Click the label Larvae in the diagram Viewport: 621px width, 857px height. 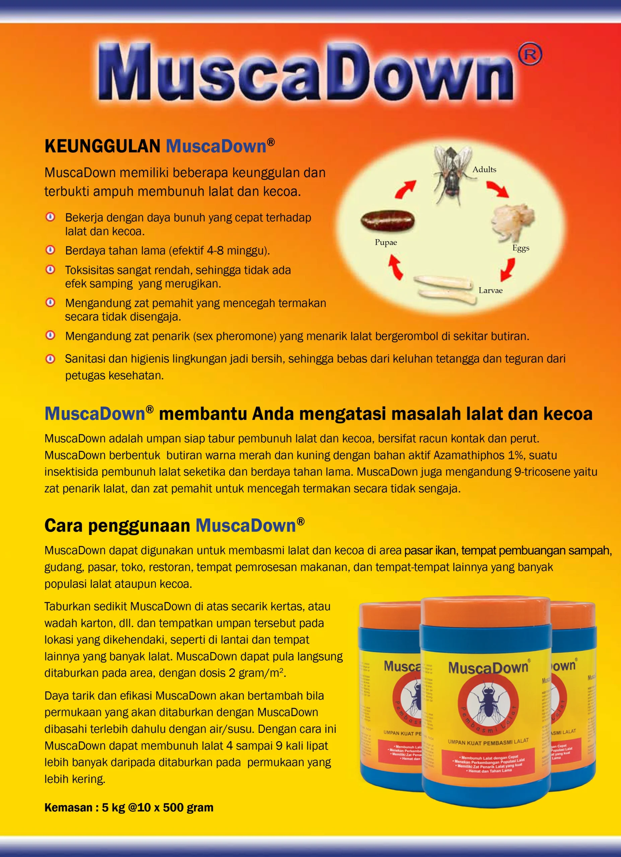[x=490, y=291]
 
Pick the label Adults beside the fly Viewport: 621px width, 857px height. [x=484, y=170]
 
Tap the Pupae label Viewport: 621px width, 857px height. [x=386, y=243]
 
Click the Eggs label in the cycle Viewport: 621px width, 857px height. [x=521, y=248]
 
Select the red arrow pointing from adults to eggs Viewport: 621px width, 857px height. [x=497, y=189]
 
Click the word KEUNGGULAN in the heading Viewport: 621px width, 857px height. [x=102, y=147]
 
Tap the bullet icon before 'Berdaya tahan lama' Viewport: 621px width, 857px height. [x=50, y=250]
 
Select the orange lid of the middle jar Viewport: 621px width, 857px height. [x=486, y=611]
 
